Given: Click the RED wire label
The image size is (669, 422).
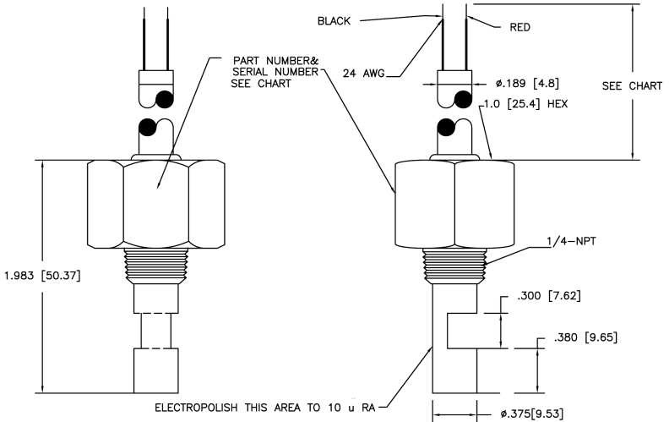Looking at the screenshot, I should pos(519,27).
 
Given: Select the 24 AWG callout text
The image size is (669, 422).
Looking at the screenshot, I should pos(363,74).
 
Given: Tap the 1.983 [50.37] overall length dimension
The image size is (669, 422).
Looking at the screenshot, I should pos(42,275).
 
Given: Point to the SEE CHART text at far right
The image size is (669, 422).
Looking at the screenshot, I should pos(632,85).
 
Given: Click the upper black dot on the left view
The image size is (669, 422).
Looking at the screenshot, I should pos(165,99).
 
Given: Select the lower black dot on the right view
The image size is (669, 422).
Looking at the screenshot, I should pos(448,129).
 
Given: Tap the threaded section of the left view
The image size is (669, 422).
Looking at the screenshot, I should pos(155,265).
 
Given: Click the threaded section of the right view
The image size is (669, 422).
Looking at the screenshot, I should pos(455,265).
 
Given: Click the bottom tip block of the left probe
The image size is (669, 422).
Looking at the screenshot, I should pos(155,370).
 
